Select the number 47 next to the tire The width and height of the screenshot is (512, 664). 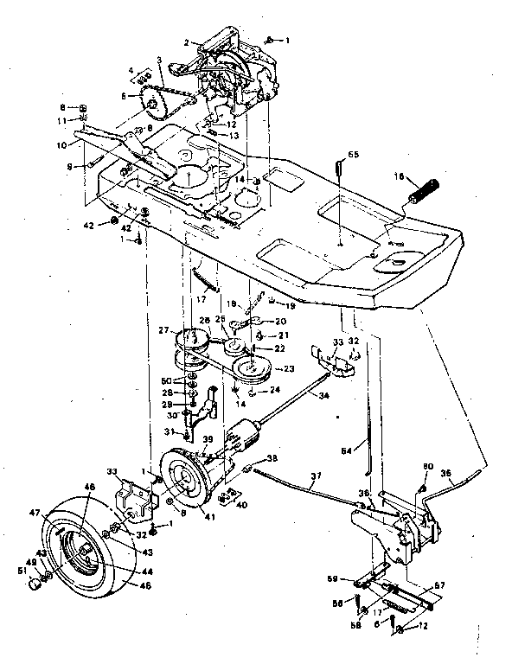point(58,514)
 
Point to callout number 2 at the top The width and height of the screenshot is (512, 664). point(186,41)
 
